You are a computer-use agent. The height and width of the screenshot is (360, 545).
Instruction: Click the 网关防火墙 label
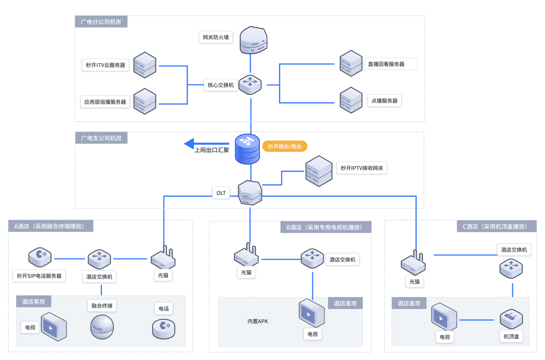coord(215,37)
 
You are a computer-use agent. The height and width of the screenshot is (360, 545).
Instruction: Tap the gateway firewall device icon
coord(253,40)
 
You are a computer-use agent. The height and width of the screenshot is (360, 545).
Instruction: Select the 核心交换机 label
coord(221,85)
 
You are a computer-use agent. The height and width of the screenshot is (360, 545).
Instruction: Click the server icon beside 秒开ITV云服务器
coord(145,65)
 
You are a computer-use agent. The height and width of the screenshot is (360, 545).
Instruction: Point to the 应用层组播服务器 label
coord(105,101)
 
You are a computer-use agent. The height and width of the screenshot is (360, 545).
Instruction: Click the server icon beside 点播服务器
coord(351,100)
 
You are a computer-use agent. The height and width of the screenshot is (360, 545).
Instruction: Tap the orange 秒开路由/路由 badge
coord(285,146)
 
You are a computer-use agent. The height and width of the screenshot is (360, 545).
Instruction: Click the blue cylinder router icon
coord(247,149)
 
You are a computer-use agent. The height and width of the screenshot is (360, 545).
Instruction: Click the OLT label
coord(221,193)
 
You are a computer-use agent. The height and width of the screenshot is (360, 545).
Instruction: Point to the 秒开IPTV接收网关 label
coord(361,168)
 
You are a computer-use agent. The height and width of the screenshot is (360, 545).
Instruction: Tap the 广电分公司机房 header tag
coord(101,22)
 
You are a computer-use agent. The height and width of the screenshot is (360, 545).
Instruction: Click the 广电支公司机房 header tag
coord(101,138)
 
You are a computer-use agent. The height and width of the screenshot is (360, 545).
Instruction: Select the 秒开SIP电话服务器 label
coord(39,276)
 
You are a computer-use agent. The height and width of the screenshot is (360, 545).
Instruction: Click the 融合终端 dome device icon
coord(102,327)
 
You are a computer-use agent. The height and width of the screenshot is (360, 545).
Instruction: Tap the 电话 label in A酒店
coord(163,308)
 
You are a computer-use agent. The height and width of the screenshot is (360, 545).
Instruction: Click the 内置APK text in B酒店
coord(257,321)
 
